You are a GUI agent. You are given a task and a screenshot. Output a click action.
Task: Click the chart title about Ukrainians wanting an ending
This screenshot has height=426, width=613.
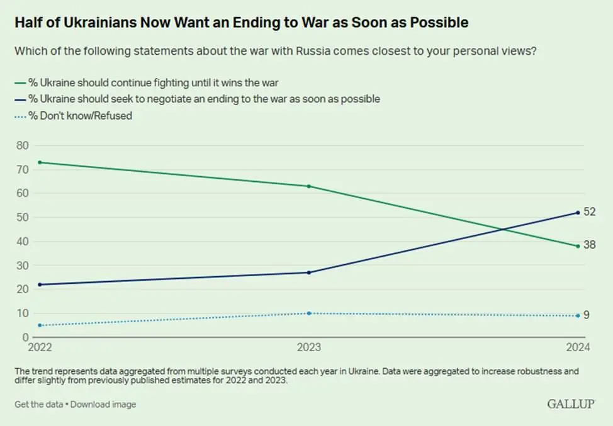click(x=242, y=23)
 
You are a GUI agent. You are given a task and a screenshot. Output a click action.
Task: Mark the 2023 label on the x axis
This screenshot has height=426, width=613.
click(x=308, y=347)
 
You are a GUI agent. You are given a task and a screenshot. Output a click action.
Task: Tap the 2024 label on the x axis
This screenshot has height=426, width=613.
click(x=576, y=347)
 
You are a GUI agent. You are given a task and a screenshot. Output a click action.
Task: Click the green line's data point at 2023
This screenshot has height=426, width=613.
click(x=308, y=186)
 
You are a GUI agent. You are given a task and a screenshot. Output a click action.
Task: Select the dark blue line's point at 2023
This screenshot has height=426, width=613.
click(x=308, y=272)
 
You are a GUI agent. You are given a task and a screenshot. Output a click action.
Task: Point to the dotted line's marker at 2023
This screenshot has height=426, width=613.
click(x=308, y=313)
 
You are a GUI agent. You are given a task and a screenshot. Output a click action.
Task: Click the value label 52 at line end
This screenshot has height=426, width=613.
click(x=589, y=213)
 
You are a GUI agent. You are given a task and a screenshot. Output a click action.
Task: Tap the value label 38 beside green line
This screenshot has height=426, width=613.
click(x=589, y=245)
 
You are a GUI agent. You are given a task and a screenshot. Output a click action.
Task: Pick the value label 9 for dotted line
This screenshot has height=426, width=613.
click(x=587, y=315)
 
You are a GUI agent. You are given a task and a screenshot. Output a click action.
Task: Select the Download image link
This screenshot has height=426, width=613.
click(x=103, y=404)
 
